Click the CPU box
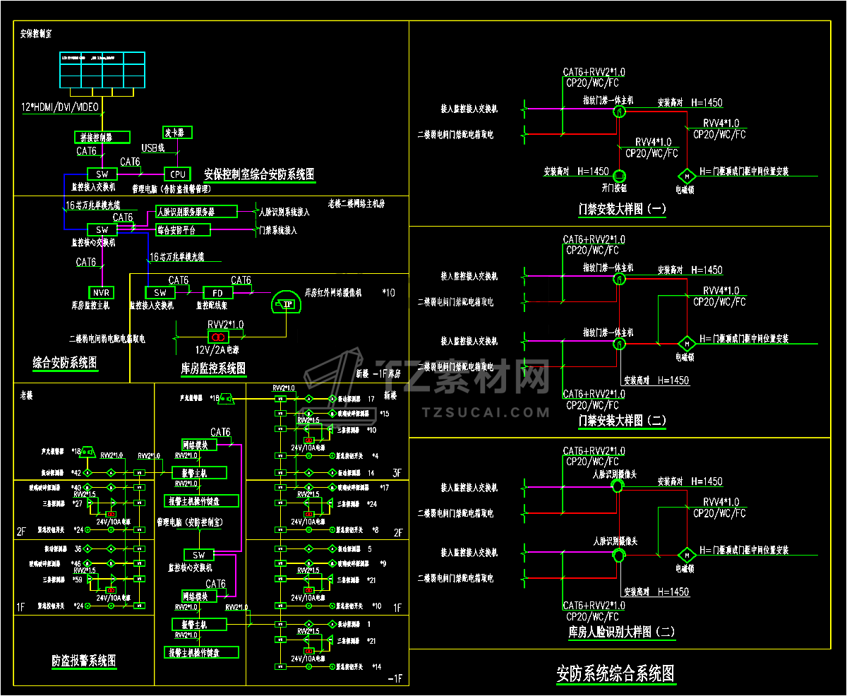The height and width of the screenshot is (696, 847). (x=177, y=174)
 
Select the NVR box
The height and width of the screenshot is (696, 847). (x=100, y=292)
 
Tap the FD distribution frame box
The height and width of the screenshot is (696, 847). (x=218, y=292)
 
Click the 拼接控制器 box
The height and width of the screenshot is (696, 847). (x=102, y=137)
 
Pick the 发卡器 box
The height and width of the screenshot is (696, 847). (x=177, y=133)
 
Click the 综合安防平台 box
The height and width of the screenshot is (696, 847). (x=184, y=229)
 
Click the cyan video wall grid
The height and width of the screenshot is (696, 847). (x=102, y=70)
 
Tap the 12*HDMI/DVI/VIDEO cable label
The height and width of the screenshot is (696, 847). (x=60, y=107)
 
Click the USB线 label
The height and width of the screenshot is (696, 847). (x=153, y=148)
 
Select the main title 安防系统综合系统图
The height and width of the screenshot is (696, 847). (x=616, y=673)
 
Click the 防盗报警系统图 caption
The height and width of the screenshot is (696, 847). (x=84, y=661)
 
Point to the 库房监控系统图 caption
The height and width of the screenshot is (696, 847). (x=213, y=368)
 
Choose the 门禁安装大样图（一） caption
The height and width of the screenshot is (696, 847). (x=622, y=209)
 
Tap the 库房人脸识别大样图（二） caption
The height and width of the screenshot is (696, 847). (x=622, y=632)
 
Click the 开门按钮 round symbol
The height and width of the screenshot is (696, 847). (x=619, y=175)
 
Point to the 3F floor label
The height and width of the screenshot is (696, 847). (x=397, y=473)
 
